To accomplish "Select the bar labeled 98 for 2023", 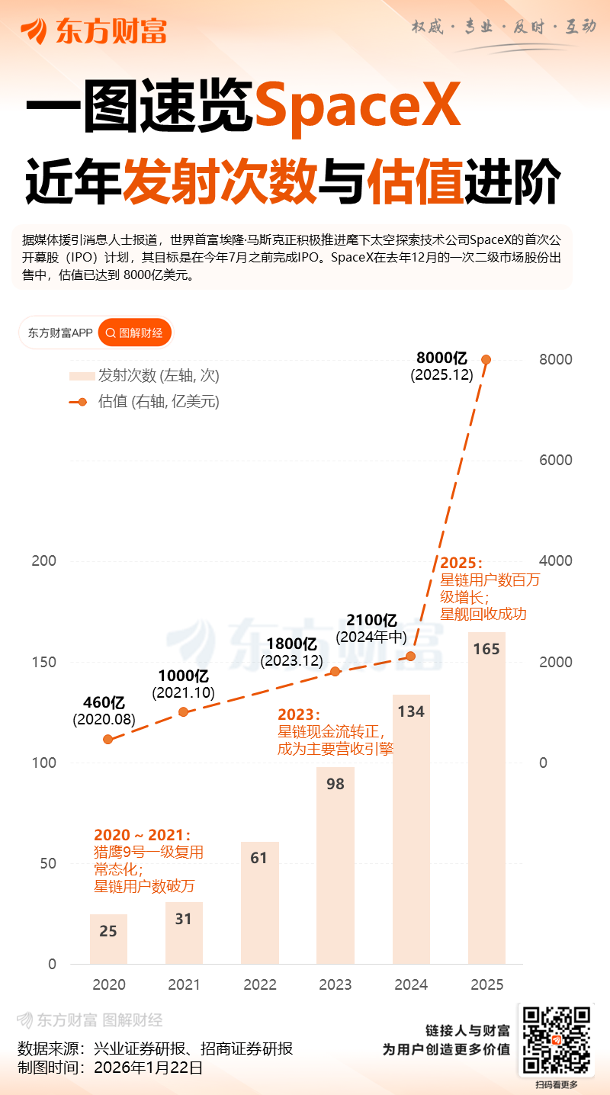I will pyautogui.click(x=335, y=869).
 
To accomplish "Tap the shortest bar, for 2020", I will pyautogui.click(x=108, y=939).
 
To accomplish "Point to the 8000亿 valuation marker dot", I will pyautogui.click(x=486, y=359).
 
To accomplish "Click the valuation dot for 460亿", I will pyautogui.click(x=108, y=739).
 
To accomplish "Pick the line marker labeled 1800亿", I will pyautogui.click(x=335, y=671).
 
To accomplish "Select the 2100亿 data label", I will pyautogui.click(x=372, y=619).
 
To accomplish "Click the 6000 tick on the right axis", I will pyautogui.click(x=556, y=460).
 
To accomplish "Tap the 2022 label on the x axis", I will pyautogui.click(x=260, y=984).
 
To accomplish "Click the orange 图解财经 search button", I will pyautogui.click(x=136, y=332).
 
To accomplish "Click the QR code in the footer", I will pyautogui.click(x=555, y=1040).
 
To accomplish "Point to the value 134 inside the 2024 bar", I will pyautogui.click(x=411, y=712).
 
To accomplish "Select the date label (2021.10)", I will pyautogui.click(x=183, y=693).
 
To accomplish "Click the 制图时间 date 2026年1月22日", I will pyautogui.click(x=149, y=1068).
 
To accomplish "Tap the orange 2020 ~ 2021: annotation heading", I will pyautogui.click(x=142, y=836).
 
